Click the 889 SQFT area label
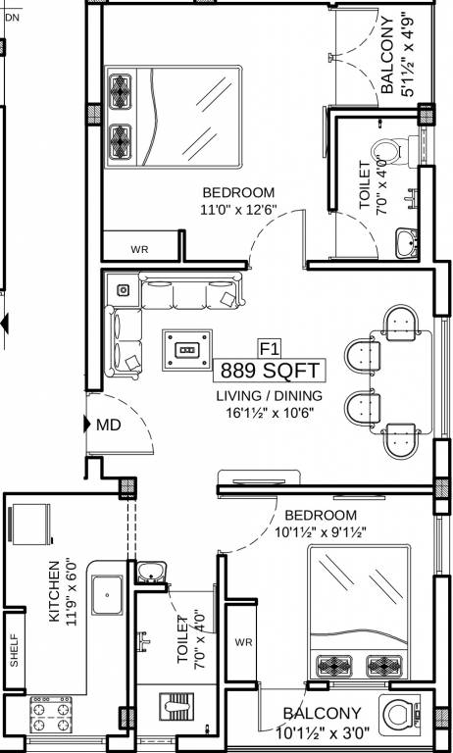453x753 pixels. click(x=270, y=371)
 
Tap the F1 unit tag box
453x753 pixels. click(x=270, y=348)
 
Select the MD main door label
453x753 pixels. click(x=108, y=425)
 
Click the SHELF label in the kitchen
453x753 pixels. click(x=15, y=650)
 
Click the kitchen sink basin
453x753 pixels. click(x=107, y=595)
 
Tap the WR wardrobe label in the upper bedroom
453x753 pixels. click(x=139, y=250)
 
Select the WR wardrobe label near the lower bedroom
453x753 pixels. click(x=243, y=642)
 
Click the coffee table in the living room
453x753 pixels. click(x=187, y=350)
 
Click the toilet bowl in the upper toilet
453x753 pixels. click(x=390, y=151)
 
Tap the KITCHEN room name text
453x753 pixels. click(x=54, y=591)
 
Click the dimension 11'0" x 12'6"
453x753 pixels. click(x=238, y=210)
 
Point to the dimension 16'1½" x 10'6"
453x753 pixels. click(x=270, y=413)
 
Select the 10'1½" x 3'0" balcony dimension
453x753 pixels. click(x=322, y=733)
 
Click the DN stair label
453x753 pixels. click(x=13, y=18)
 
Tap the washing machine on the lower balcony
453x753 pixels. click(x=399, y=715)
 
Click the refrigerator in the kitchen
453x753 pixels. click(x=30, y=525)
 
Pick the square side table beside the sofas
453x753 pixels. click(x=124, y=290)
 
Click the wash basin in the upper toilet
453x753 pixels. click(x=405, y=243)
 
